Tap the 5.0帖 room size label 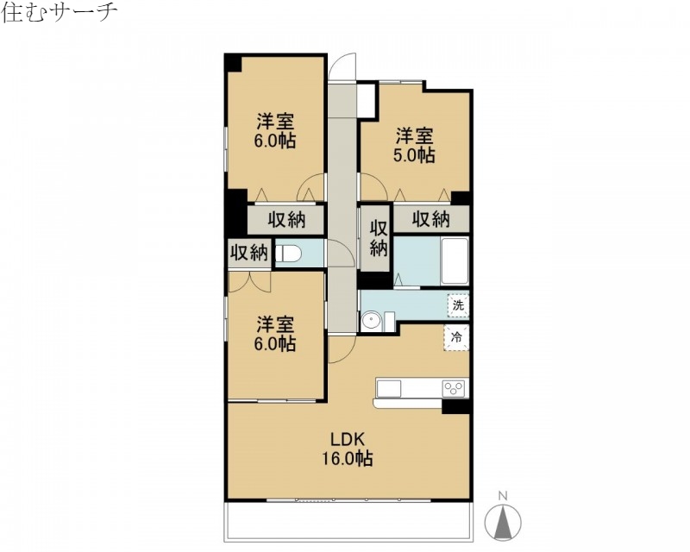pyautogui.click(x=415, y=146)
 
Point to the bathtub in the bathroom pyautogui.click(x=455, y=260)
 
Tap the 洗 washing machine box pyautogui.click(x=458, y=305)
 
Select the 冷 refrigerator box pyautogui.click(x=457, y=337)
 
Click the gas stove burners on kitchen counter pyautogui.click(x=454, y=388)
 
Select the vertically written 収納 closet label pyautogui.click(x=377, y=238)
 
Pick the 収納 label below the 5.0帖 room pyautogui.click(x=430, y=219)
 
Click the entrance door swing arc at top pyautogui.click(x=343, y=67)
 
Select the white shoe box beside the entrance pyautogui.click(x=367, y=99)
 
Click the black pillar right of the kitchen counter pyautogui.click(x=455, y=406)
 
